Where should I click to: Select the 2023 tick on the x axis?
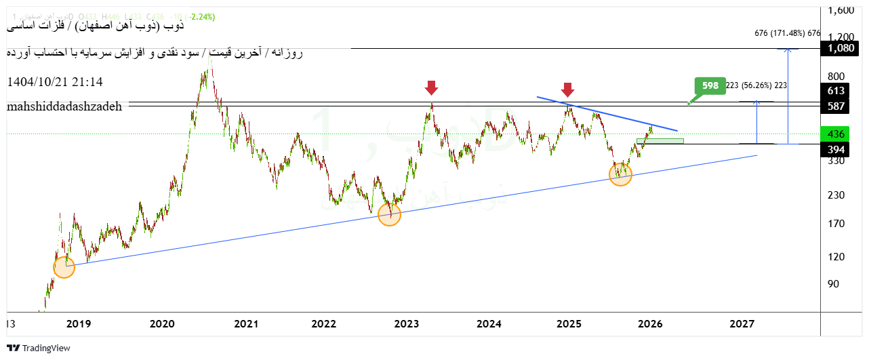point(406,325)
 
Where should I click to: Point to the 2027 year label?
point(742,325)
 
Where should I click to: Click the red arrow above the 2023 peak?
point(431,87)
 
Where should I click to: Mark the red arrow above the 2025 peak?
point(568,89)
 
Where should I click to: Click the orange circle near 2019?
point(64,267)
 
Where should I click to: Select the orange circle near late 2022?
point(389,215)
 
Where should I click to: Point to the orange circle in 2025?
point(620,175)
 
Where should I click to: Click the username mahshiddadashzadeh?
point(65,107)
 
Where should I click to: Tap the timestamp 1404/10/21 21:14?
point(55,82)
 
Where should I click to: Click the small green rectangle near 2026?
point(660,141)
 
